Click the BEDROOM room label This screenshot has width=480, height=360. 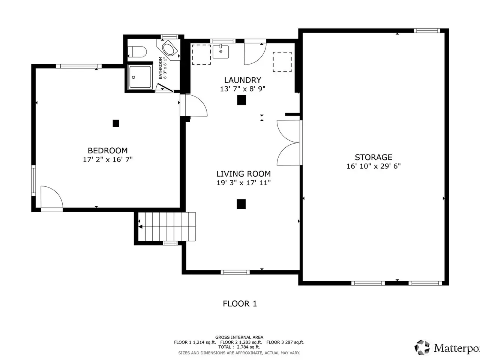[x=108, y=151]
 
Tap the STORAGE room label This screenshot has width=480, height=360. [x=373, y=157]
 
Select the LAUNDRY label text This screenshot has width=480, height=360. [x=243, y=80]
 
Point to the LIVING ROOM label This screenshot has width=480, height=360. [x=244, y=174]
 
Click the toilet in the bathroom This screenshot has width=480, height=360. [x=137, y=52]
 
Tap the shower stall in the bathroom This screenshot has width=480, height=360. [x=140, y=77]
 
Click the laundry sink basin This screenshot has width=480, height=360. [x=220, y=52]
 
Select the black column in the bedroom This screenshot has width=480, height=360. [x=116, y=123]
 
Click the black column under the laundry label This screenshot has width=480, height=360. [x=241, y=100]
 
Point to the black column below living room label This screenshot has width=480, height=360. [x=241, y=204]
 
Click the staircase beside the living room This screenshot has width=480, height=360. [x=167, y=226]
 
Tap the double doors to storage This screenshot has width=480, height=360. [x=289, y=142]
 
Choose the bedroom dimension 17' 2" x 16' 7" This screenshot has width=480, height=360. [x=108, y=160]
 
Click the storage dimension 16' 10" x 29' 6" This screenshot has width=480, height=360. [x=373, y=166]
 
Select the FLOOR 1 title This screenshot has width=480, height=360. [x=240, y=304]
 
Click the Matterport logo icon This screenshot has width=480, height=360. [x=422, y=348]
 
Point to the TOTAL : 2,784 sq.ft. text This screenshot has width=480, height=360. [x=239, y=347]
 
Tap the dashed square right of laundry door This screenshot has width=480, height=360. [x=282, y=62]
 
